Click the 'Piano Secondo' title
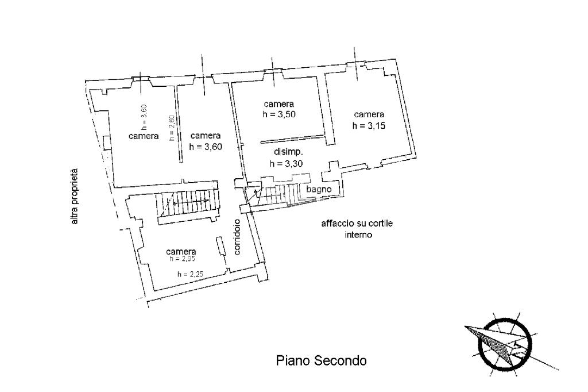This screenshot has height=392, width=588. (x=321, y=361)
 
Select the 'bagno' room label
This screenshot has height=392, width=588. (x=318, y=189)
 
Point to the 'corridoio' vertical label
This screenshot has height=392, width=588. (x=237, y=237)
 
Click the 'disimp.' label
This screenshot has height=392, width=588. (x=288, y=152)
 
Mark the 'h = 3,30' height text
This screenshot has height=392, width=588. (x=286, y=163)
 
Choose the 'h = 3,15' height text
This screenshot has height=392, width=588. (x=369, y=126)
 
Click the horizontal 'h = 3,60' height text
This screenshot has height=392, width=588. (x=206, y=147)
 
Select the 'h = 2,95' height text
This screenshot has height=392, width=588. (x=182, y=259)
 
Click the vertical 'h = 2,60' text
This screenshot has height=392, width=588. (x=171, y=128)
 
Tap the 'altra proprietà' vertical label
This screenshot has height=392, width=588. (x=74, y=196)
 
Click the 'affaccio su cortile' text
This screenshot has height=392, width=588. (x=357, y=224)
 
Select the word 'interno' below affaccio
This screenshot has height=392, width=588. (x=359, y=235)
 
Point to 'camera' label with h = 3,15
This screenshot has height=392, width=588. (x=369, y=114)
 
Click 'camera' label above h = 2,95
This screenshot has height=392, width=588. (x=181, y=251)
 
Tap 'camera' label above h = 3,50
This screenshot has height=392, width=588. (x=279, y=104)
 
